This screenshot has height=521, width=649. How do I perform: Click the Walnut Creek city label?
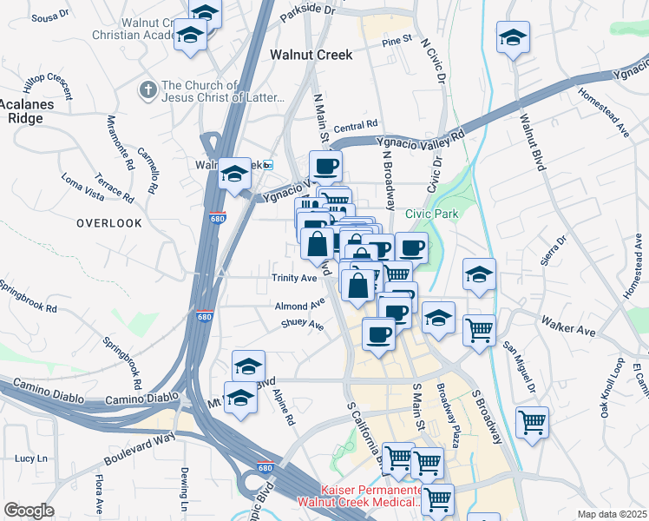tap(311, 54)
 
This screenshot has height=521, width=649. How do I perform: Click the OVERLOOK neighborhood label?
tap(108, 223)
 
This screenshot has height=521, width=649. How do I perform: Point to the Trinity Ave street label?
tap(295, 278)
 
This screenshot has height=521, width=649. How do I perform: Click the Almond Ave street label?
tap(298, 306)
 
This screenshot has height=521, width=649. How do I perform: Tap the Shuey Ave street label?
tap(302, 326)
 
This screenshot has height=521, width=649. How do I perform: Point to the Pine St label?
tap(396, 40)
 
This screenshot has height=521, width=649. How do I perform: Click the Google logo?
tap(29, 511)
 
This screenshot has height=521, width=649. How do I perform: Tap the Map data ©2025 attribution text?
tap(611, 514)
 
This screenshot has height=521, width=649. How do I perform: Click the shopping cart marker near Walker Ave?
tap(479, 329)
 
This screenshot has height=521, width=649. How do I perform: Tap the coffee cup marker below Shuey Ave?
tap(377, 333)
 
